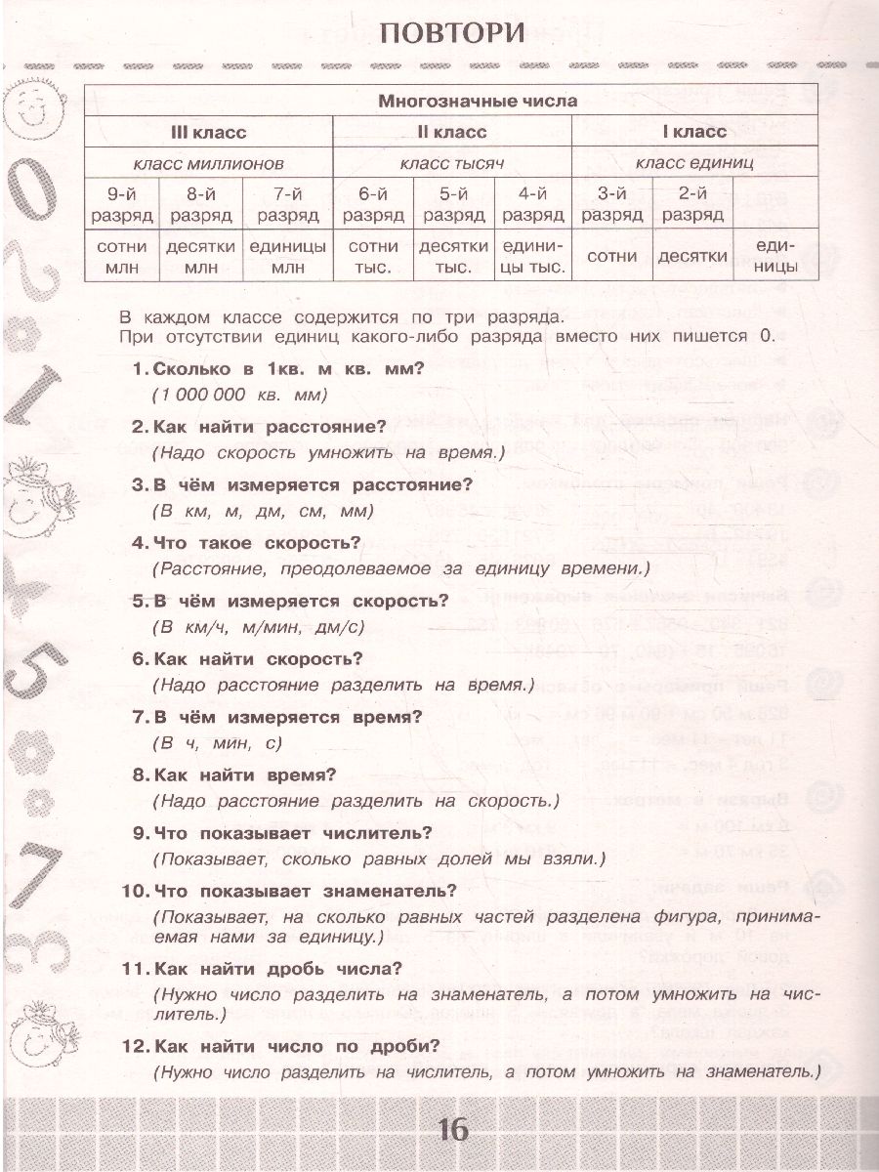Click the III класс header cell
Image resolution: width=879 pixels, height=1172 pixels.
[208, 132]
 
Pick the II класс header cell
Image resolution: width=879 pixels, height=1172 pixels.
[451, 132]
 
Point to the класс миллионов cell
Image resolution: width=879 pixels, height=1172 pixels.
[208, 163]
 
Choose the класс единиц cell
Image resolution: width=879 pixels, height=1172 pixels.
[694, 163]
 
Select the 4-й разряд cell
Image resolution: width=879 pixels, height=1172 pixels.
[532, 204]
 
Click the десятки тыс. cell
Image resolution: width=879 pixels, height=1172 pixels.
[452, 256]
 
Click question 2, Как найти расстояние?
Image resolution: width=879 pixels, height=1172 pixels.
[259, 426]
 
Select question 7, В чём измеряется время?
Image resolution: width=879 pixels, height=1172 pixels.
[275, 717]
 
